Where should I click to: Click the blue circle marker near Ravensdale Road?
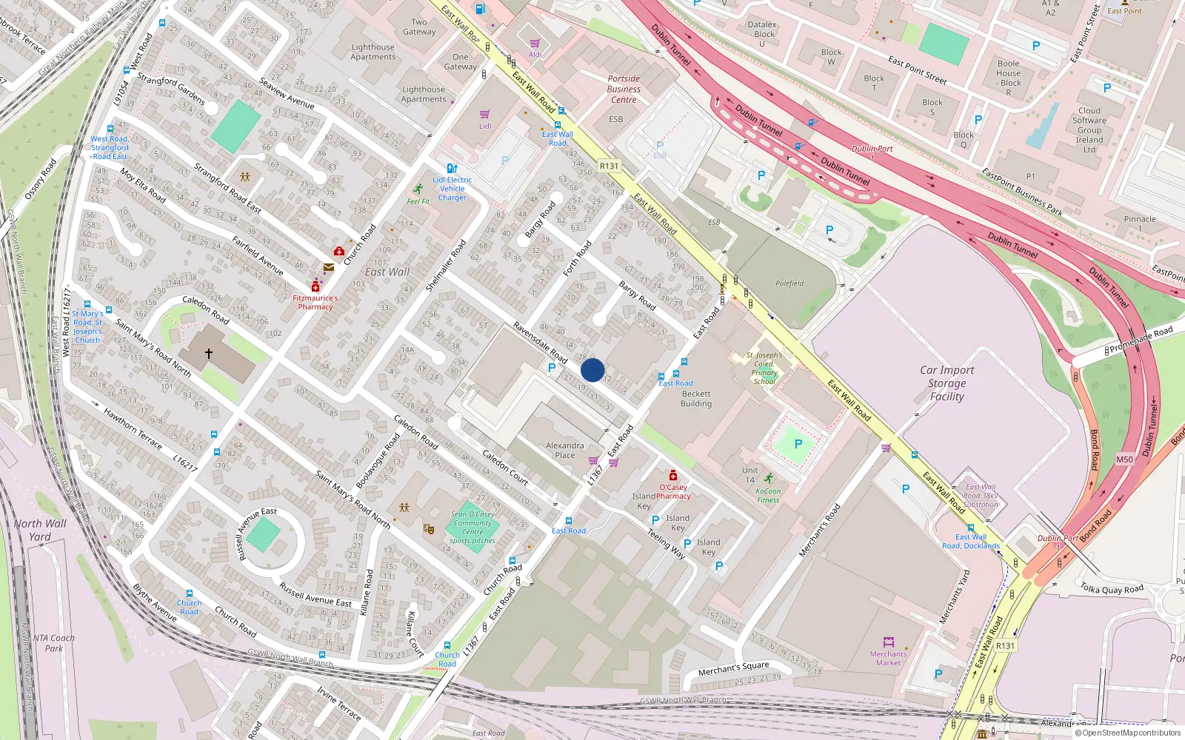[592, 370]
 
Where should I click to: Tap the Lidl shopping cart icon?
[484, 115]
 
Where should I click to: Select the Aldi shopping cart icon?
[535, 44]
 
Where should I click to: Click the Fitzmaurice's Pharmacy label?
[316, 302]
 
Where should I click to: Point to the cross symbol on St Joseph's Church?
[209, 354]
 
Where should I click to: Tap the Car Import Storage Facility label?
[947, 383]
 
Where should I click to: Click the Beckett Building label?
[696, 399]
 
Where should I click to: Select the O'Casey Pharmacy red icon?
[672, 475]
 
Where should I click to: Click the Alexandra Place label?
[564, 450]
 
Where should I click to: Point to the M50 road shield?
[1124, 460]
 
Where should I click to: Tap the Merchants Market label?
[888, 658]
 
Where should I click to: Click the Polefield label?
[790, 283]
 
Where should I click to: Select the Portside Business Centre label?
[624, 89]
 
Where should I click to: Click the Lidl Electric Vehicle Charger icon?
[452, 169]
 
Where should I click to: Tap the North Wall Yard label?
[40, 530]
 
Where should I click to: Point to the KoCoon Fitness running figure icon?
[769, 478]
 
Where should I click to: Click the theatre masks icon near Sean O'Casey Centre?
[428, 528]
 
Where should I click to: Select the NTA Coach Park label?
[53, 643]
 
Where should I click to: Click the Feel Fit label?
[418, 201]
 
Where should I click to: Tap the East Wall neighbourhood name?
[387, 272]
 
